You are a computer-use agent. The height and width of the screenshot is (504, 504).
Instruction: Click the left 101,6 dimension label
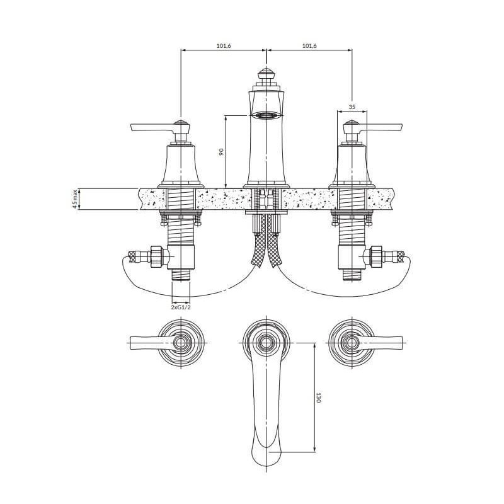224,46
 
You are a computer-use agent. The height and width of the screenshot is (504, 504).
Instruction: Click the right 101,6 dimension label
309,46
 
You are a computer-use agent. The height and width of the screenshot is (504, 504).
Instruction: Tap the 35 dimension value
352,107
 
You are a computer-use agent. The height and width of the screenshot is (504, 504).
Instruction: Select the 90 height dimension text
221,152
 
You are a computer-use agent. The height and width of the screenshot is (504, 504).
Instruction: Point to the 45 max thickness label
75,199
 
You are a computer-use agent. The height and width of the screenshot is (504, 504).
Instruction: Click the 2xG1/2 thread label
181,307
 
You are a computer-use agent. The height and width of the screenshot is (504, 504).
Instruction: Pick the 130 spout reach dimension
318,398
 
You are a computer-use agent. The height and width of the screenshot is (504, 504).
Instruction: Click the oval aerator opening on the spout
266,115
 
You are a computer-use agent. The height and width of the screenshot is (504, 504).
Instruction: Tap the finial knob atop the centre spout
266,73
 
